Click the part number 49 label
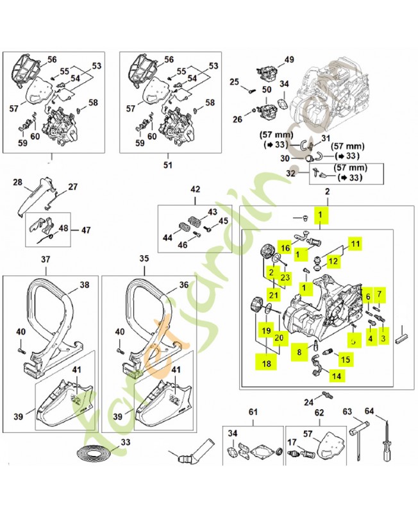pos(289,60)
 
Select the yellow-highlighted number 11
pos(355,243)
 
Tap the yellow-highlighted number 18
pos(264,363)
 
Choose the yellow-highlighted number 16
pos(286,248)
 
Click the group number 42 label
pos(195,189)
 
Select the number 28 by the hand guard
pos(17,183)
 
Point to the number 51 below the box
pos(169,164)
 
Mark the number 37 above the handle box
pos(45,260)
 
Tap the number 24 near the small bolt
pos(308,402)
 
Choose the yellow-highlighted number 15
pos(344,359)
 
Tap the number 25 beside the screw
pos(234,81)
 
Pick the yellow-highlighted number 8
pos(299,351)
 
